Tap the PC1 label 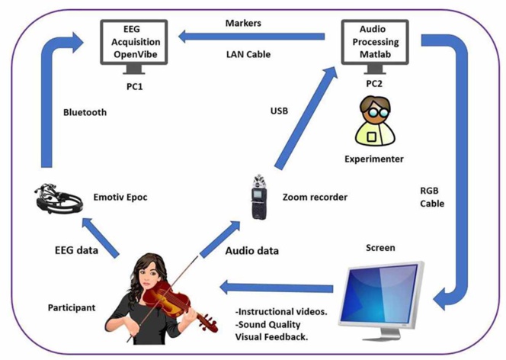[x=135, y=86]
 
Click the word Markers [x=243, y=23]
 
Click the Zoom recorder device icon [x=256, y=198]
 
